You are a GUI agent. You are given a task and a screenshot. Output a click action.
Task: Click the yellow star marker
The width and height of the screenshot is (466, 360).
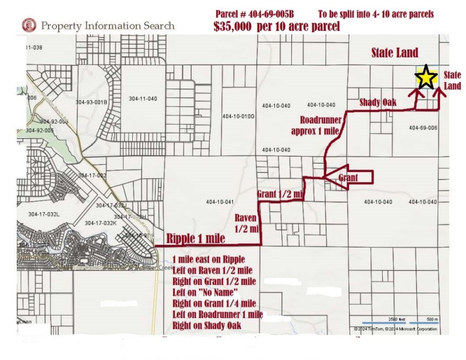[x=426, y=77]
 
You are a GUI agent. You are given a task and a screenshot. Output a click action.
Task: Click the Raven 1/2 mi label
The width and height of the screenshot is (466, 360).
[x=246, y=223]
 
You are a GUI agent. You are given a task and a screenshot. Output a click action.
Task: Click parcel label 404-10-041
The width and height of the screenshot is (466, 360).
[x=220, y=202]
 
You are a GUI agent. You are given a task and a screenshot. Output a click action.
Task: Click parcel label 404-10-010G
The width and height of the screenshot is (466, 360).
[x=239, y=116]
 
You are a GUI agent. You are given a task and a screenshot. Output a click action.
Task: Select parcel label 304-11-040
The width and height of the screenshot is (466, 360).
[x=143, y=99]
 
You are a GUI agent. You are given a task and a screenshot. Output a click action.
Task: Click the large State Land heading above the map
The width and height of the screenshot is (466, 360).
[x=395, y=53]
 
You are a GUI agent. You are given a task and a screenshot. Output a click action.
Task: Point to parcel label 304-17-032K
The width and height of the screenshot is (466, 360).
[x=101, y=223]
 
